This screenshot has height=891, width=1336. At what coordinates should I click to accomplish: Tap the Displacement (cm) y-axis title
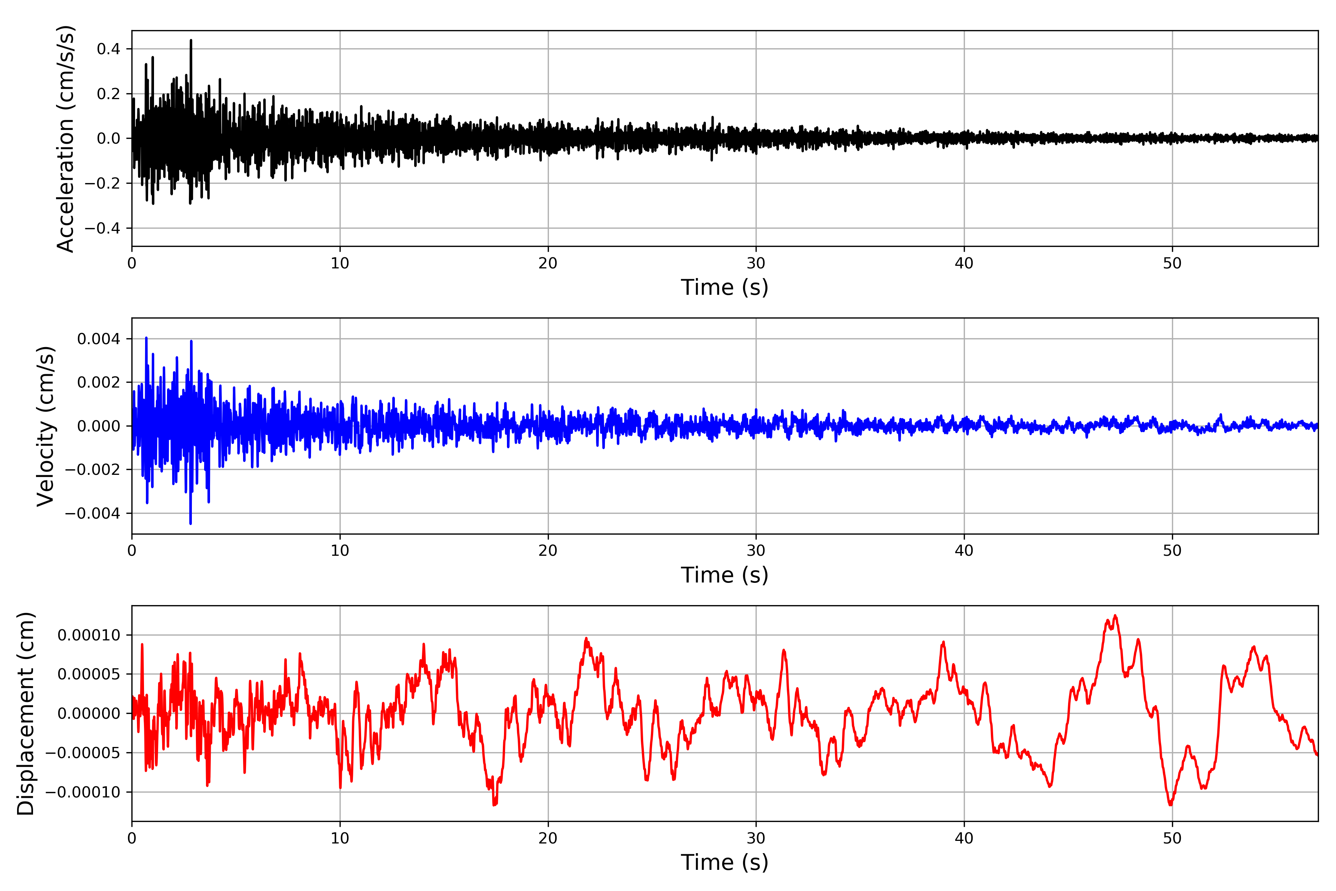(x=26, y=714)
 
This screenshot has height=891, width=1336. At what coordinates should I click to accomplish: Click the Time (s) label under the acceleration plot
(x=724, y=287)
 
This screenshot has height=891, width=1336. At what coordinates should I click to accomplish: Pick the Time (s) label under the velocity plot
(x=724, y=575)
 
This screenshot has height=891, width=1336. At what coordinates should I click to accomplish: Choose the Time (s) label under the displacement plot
(x=724, y=862)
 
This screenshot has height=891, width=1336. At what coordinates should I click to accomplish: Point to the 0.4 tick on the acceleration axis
(x=108, y=49)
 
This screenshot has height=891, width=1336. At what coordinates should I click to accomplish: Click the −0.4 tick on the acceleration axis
(x=103, y=228)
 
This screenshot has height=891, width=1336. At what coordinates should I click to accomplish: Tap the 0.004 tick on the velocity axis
(x=99, y=339)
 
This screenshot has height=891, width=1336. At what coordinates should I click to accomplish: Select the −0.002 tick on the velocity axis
(x=93, y=470)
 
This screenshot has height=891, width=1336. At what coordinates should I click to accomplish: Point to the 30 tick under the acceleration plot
(x=756, y=264)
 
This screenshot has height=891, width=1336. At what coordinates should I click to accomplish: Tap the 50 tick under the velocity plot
(x=1172, y=551)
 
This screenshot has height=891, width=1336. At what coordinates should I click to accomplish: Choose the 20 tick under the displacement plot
(x=548, y=838)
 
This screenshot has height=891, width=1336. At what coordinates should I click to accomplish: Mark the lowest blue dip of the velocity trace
(x=190, y=523)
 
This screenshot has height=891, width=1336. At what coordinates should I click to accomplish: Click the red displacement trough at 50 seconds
(x=1170, y=804)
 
